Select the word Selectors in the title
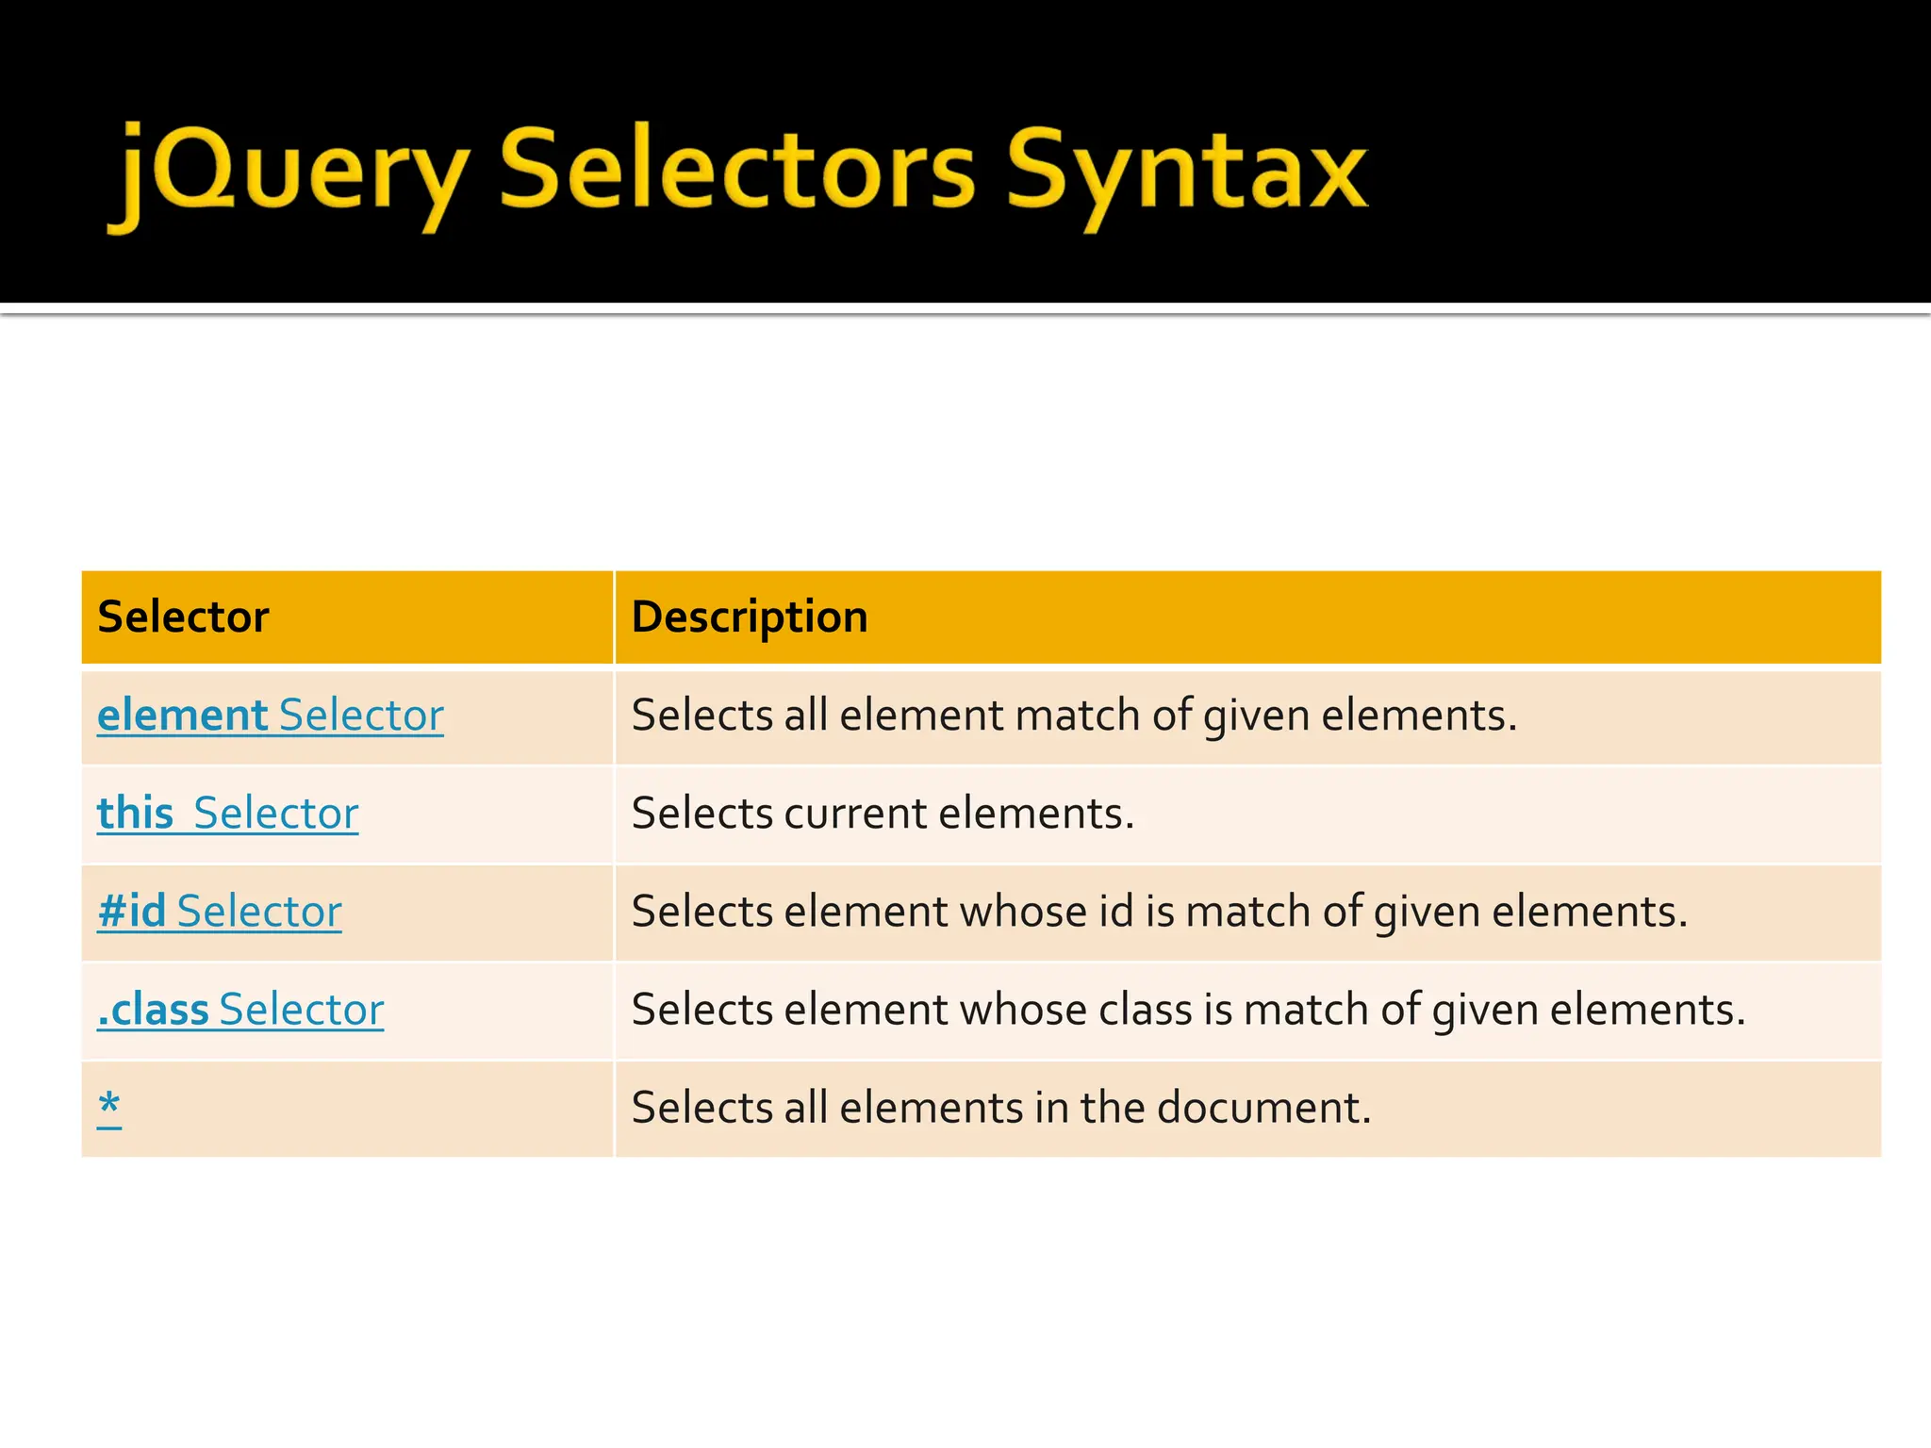click(x=736, y=170)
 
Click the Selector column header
click(x=184, y=617)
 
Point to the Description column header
click(x=750, y=617)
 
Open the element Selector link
click(x=271, y=716)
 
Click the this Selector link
click(x=228, y=814)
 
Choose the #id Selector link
click(x=220, y=912)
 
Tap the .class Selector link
click(x=241, y=1010)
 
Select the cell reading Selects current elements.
click(x=883, y=814)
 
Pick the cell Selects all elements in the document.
click(x=1001, y=1108)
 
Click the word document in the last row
click(x=1263, y=1108)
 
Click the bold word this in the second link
click(x=136, y=814)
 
